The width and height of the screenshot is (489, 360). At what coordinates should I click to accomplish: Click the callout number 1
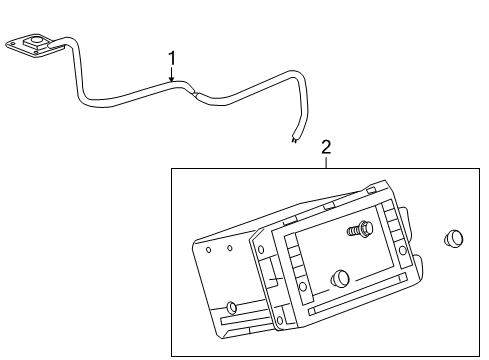[x=171, y=58]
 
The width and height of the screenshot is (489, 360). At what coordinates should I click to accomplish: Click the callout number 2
[x=326, y=148]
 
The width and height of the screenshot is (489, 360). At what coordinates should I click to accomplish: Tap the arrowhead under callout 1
[x=171, y=79]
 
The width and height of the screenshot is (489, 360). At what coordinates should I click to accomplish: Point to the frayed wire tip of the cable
[x=295, y=141]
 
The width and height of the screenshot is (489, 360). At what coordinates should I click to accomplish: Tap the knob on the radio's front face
[x=340, y=279]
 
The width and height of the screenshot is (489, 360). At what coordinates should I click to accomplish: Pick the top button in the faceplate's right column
[x=386, y=219]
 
